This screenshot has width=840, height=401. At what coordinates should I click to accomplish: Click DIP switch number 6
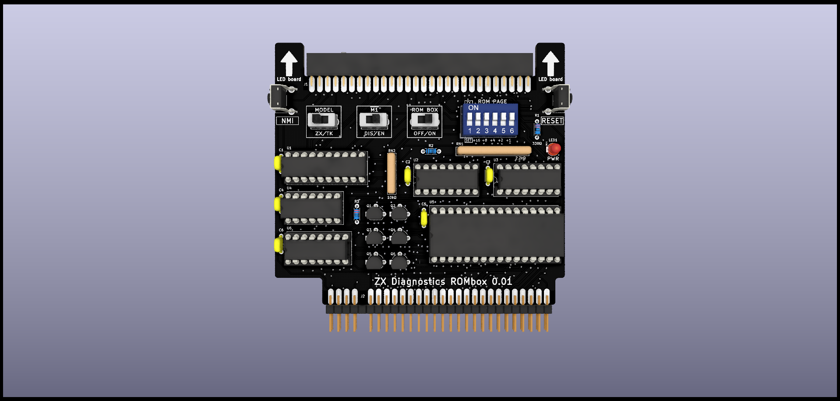[x=512, y=119]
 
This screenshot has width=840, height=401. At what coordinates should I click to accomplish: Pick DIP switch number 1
[x=469, y=119]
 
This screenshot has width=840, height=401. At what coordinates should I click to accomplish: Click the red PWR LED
[x=554, y=149]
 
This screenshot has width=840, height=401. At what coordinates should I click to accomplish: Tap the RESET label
[x=552, y=121]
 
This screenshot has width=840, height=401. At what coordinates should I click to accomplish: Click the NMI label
[x=287, y=121]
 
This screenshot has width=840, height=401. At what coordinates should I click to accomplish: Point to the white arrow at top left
[x=289, y=63]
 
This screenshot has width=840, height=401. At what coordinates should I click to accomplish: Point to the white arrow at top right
[x=551, y=63]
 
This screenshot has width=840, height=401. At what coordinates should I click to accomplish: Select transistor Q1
[x=374, y=213]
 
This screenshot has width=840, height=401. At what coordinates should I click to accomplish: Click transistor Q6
[x=399, y=262]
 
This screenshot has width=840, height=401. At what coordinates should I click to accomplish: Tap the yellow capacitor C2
[x=408, y=175]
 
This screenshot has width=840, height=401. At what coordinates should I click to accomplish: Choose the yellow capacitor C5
[x=424, y=218]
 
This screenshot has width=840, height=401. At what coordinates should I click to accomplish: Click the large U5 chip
[x=496, y=235]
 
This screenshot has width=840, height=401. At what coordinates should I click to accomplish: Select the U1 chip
[x=324, y=167]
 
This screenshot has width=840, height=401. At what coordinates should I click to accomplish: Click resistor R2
[x=431, y=151]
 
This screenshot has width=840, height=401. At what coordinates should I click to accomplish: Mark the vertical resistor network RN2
[x=392, y=173]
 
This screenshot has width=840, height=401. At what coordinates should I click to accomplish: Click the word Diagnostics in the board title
[x=418, y=281]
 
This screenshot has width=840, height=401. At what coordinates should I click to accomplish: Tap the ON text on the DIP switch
[x=473, y=108]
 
